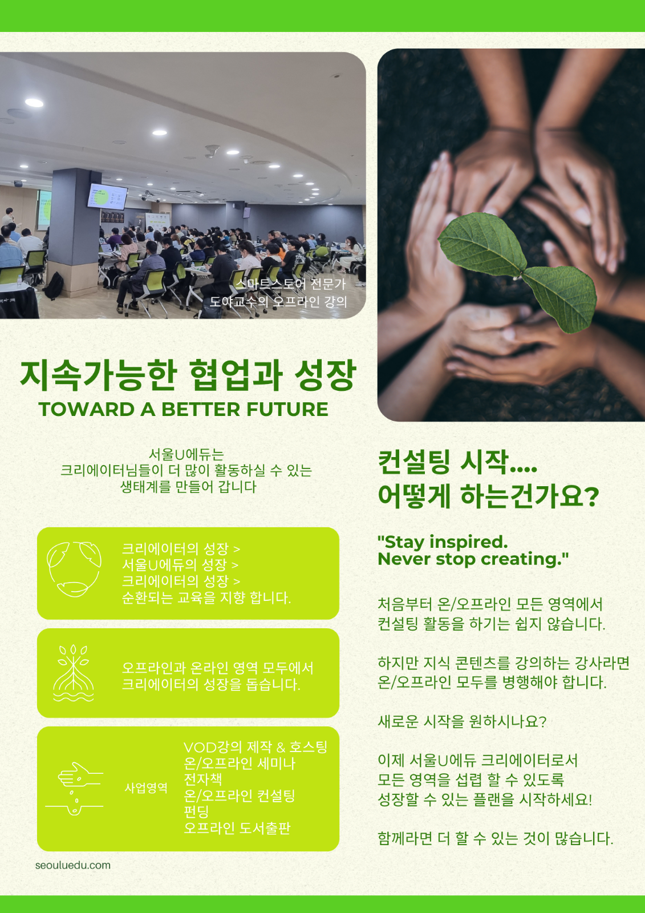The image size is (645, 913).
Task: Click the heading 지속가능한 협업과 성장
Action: [x=188, y=375]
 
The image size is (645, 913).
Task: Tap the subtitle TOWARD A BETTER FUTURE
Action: [x=184, y=409]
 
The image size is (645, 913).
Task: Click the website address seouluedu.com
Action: [x=73, y=865]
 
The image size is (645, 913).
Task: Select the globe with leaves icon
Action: [x=74, y=569]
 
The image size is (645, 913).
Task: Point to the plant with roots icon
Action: [x=74, y=673]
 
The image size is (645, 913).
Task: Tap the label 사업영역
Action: [x=146, y=788]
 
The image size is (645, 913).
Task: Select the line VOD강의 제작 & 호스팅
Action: [x=255, y=747]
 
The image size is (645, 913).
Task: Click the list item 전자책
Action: [x=202, y=779]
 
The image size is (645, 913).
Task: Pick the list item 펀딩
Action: [x=196, y=811]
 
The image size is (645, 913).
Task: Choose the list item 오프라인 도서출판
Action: [x=237, y=828]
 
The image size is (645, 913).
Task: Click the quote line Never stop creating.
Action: [x=473, y=559]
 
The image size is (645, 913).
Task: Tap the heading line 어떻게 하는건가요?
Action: [x=488, y=496]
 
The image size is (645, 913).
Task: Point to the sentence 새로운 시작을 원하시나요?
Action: [x=462, y=722]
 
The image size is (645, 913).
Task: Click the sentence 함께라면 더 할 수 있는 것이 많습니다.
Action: [x=495, y=838]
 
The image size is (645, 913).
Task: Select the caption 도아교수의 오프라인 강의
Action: [x=278, y=301]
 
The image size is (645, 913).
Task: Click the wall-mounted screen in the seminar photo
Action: [x=107, y=196]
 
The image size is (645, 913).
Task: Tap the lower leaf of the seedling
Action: [x=561, y=298]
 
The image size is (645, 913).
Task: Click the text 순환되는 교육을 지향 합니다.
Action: [x=206, y=597]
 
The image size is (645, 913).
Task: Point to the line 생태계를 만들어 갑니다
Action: [x=188, y=487]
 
